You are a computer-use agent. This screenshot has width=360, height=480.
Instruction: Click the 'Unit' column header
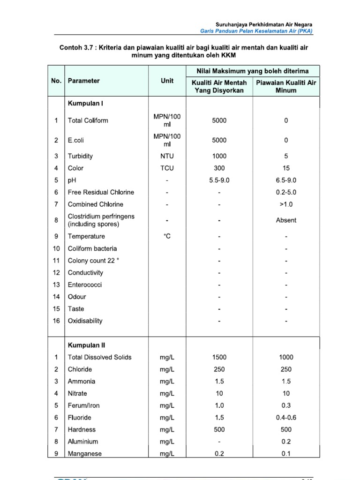click(167, 81)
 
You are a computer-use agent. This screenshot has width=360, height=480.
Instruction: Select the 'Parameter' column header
click(84, 81)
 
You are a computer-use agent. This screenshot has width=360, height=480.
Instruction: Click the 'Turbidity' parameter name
click(80, 156)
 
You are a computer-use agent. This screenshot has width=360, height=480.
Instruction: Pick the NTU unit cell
click(167, 156)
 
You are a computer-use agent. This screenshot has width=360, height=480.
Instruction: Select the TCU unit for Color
click(167, 168)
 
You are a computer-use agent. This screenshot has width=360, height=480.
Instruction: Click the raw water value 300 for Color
click(219, 168)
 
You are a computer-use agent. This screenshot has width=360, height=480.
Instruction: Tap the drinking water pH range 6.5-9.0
click(286, 180)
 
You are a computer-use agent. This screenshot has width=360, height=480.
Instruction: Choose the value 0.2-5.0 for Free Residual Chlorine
click(286, 192)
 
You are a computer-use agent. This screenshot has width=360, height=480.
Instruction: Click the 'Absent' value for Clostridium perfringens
click(286, 220)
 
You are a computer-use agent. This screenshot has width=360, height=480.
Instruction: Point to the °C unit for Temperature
click(167, 237)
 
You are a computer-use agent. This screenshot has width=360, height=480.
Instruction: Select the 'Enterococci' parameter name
click(85, 285)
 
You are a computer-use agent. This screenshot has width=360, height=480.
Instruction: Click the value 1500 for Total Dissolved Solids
click(219, 357)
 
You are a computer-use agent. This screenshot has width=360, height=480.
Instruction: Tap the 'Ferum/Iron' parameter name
click(84, 405)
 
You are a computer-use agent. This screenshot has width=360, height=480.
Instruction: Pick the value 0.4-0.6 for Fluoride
click(286, 418)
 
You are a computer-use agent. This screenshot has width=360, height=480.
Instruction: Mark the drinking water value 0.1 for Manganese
click(286, 454)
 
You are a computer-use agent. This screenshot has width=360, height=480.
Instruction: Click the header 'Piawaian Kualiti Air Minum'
click(286, 86)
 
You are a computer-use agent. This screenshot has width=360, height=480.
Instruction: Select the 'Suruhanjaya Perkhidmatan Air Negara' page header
click(264, 24)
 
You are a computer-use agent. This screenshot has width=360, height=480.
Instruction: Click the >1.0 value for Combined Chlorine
click(286, 204)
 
